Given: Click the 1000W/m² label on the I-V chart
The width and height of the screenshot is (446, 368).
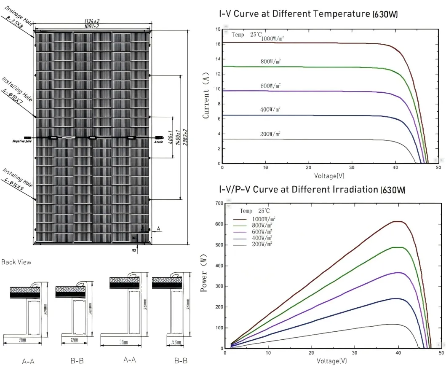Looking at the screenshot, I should click(272, 39).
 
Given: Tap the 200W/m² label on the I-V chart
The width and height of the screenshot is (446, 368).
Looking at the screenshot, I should click(270, 134).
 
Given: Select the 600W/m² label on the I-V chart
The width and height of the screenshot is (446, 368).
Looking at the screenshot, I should click(270, 86).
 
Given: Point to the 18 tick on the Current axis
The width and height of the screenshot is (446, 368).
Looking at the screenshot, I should click(218, 30).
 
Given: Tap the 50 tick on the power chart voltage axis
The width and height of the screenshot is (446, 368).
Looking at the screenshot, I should click(441, 353).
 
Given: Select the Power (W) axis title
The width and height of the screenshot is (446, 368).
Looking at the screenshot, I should click(204, 276).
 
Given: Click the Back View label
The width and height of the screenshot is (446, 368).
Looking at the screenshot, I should click(16, 262).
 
